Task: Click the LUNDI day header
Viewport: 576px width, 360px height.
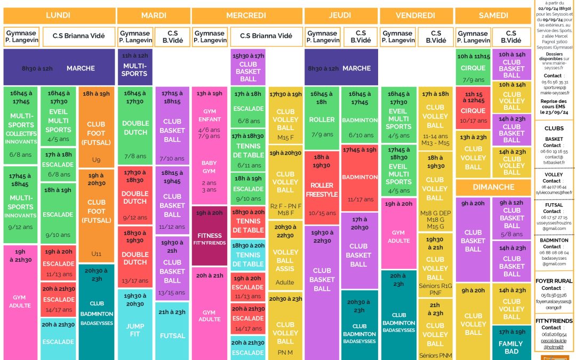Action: [58, 15]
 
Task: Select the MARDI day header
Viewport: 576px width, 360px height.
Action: [154, 15]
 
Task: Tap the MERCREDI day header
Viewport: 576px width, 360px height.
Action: [246, 15]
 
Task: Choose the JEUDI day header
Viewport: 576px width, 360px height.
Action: [340, 15]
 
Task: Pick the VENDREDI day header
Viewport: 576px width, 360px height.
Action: [416, 15]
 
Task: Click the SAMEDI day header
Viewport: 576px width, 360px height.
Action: [493, 15]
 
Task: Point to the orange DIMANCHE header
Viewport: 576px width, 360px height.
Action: [493, 187]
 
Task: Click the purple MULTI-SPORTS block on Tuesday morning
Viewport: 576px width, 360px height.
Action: [134, 67]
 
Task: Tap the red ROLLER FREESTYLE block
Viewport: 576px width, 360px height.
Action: [322, 190]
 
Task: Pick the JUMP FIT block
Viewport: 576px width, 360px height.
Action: [134, 325]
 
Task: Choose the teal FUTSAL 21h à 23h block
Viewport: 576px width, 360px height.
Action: [172, 331]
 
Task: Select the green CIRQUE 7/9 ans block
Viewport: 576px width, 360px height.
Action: [473, 68]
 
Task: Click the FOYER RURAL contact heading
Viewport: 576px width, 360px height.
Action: [554, 281]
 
